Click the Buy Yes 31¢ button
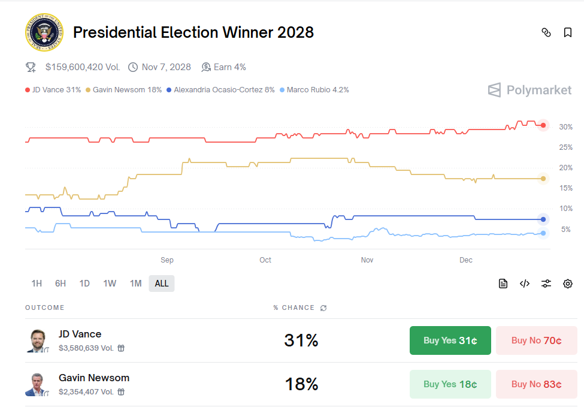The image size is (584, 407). point(450,340)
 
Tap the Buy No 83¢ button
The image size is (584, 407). point(536,384)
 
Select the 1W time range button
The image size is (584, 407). point(110,284)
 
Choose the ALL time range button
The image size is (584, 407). point(162,284)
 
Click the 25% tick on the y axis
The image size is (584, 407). point(565,147)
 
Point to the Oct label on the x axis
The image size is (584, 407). point(265,260)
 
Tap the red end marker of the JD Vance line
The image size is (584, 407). point(543,125)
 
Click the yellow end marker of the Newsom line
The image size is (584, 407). point(543,179)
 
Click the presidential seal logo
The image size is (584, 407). point(44,32)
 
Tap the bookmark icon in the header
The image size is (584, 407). point(568,32)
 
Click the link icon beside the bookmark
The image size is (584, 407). point(546,32)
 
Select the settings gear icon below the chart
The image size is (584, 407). point(568,284)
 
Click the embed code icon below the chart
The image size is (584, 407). point(525,284)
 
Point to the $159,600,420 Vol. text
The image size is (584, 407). point(82,67)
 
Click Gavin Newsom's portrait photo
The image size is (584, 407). point(37,384)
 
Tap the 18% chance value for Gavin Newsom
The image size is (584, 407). point(301,384)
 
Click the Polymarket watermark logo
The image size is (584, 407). point(529,91)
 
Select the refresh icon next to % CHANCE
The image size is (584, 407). point(323,308)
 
